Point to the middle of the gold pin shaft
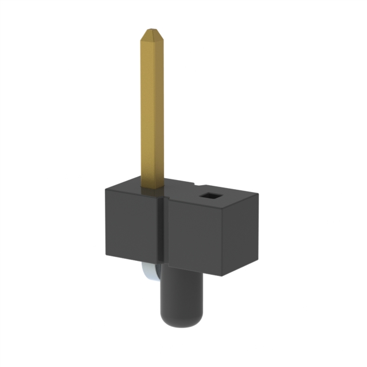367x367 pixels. (152, 109)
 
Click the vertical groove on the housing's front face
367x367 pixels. (162, 229)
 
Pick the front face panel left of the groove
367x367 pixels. (131, 224)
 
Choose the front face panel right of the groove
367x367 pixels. (192, 235)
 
